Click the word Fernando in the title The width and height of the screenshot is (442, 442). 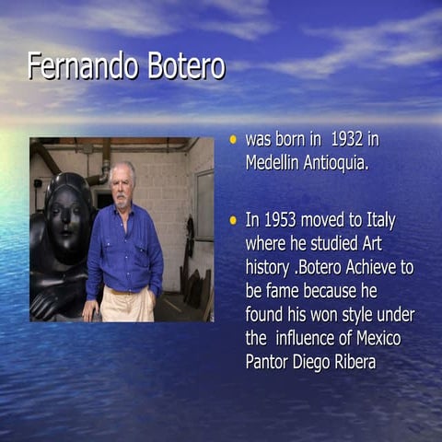tap(79, 66)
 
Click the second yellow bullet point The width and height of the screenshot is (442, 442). tap(233, 220)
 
